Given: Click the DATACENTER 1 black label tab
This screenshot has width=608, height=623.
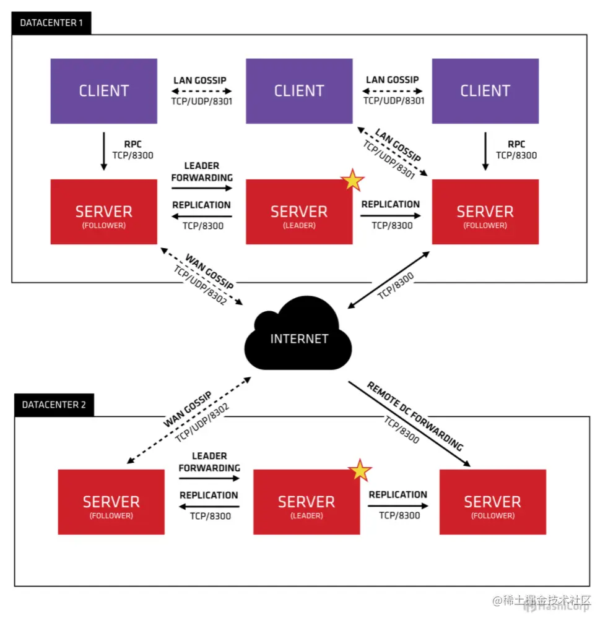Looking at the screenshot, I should click(x=51, y=23).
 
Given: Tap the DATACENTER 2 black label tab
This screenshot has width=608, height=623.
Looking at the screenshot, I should click(x=54, y=405).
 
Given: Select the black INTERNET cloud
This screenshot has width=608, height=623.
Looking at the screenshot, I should click(x=299, y=337).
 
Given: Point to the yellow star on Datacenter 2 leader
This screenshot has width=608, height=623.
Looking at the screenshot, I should click(x=360, y=471).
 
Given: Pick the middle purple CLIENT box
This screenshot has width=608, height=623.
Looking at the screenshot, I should click(x=299, y=90).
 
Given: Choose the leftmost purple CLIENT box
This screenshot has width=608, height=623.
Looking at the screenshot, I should click(x=103, y=90).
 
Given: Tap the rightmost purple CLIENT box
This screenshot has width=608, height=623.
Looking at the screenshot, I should click(x=485, y=90).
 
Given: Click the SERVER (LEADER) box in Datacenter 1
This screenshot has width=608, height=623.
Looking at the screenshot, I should click(x=299, y=212).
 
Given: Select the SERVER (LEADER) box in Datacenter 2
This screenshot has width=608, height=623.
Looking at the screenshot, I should click(x=306, y=502).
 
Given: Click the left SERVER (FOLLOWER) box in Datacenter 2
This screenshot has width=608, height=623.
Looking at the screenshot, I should click(x=111, y=502).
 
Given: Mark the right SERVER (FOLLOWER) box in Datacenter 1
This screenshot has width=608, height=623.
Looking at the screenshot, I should click(x=485, y=212).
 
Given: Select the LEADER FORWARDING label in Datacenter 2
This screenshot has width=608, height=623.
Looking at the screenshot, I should click(x=209, y=462).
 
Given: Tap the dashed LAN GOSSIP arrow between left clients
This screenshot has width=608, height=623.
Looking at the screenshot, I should click(x=202, y=90).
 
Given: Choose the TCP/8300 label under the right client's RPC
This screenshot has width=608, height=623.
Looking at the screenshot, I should click(x=516, y=155).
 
